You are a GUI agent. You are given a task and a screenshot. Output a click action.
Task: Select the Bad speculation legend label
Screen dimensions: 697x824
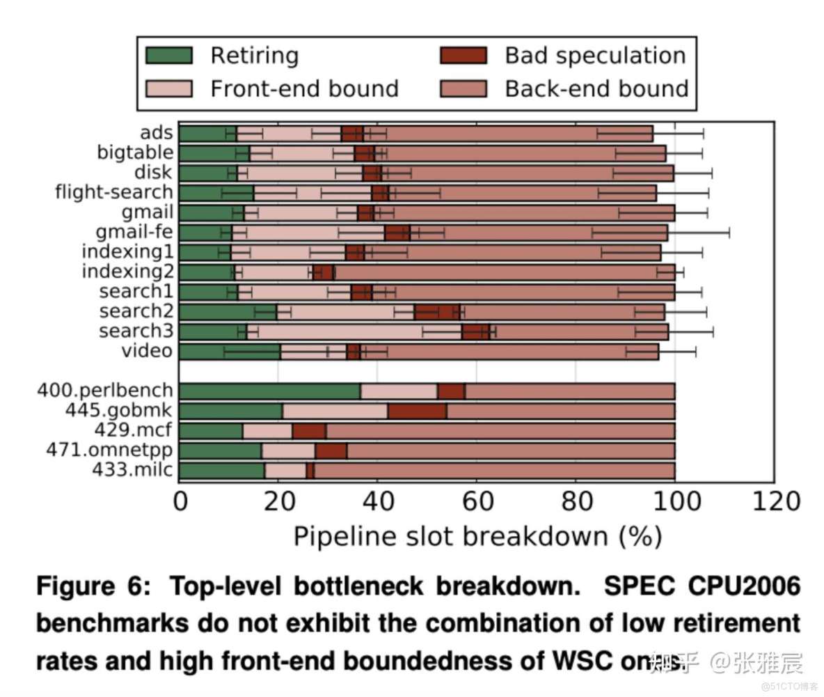[595, 56]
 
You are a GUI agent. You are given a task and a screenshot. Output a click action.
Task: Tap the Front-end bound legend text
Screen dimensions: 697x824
[304, 88]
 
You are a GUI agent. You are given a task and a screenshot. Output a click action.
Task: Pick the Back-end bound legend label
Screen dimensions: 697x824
[596, 88]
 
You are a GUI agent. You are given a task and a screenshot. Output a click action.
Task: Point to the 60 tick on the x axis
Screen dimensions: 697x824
[477, 501]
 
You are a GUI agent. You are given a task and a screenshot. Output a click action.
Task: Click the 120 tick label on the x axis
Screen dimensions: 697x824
[773, 501]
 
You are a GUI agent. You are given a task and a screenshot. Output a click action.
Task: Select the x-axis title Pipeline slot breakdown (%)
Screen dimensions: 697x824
[476, 536]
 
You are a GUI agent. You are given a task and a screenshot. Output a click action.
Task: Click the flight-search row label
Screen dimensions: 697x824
[113, 192]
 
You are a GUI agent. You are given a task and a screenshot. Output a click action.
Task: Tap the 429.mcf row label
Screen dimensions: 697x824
[132, 430]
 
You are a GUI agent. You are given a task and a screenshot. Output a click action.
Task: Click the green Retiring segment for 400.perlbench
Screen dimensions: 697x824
[269, 391]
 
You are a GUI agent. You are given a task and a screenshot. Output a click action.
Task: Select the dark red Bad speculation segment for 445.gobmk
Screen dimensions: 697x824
[417, 411]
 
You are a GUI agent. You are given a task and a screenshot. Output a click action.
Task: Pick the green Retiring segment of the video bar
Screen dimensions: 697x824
[230, 352]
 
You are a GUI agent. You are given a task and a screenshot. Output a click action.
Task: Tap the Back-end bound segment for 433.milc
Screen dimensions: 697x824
[494, 471]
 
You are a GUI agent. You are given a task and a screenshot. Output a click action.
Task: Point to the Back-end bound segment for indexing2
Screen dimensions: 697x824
[505, 272]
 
